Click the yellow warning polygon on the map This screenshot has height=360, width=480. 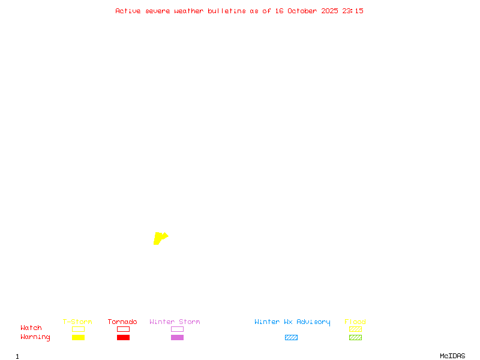pos(159,238)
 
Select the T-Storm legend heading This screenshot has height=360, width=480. pos(77,322)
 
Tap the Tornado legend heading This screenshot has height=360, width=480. pos(122,322)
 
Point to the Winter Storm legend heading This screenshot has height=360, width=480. pos(175,322)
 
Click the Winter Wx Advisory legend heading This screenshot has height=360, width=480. pos(292,322)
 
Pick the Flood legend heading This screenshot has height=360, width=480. pos(355,322)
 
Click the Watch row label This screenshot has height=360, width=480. pos(31,328)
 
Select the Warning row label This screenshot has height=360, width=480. pos(35,337)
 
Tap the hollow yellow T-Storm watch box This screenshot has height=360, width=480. pos(78,329)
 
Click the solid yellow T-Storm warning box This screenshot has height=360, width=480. pos(78,337)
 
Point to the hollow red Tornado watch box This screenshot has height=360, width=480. pos(123,329)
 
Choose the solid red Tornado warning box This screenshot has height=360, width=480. pos(123,337)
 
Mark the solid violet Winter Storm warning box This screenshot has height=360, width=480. pos(177,337)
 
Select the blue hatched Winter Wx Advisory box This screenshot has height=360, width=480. pos(291,337)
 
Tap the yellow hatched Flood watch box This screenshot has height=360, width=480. pos(355,329)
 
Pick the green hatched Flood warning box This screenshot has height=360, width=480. pos(355,337)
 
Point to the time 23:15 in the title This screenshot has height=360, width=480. pos(353,11)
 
